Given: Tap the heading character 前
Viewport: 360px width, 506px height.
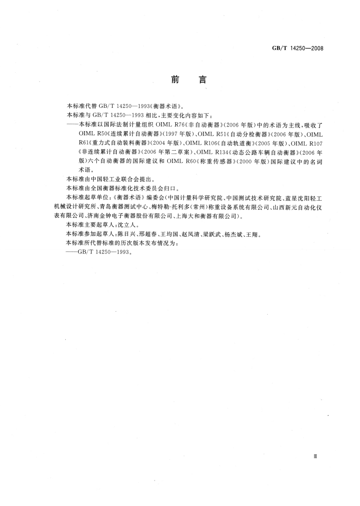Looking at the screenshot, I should [175, 80].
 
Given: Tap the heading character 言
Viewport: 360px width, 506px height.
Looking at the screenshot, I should [201, 80].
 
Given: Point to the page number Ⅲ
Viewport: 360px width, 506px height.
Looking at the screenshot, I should [315, 457].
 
